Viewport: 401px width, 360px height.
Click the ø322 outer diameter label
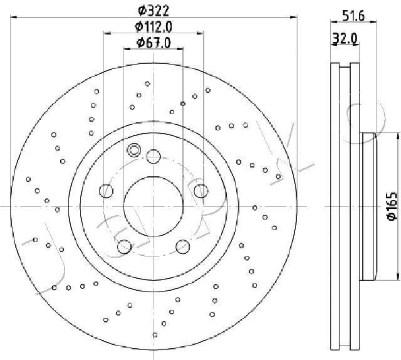tap(154, 11)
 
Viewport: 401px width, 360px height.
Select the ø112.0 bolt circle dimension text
tap(154, 26)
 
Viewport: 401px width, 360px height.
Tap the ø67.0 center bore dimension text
tap(154, 43)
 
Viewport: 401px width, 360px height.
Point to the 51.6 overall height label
tap(353, 16)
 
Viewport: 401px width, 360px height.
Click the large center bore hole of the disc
tap(154, 206)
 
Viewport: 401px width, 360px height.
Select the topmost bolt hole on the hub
tap(154, 156)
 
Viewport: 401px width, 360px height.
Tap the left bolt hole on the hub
tap(106, 191)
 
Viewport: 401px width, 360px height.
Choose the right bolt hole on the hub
tap(200, 191)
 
